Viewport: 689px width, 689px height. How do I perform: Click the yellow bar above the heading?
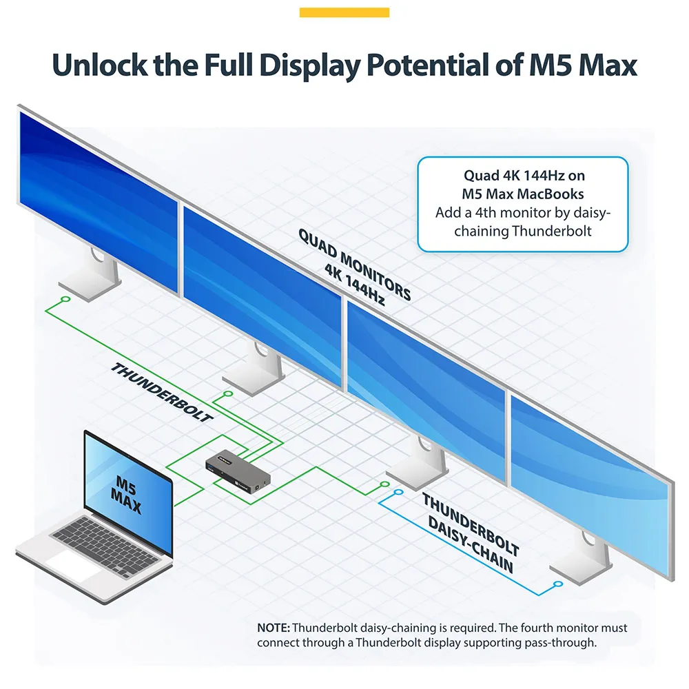pos(344,12)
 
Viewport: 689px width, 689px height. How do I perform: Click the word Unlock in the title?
pos(99,65)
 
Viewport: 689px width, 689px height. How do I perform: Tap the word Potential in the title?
pos(428,65)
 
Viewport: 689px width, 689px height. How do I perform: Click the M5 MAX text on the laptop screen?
pos(126,494)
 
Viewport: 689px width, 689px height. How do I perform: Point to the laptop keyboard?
pos(105,545)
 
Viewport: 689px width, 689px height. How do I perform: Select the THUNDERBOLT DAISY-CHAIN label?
pos(470,533)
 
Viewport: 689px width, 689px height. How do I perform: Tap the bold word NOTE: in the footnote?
pos(274,628)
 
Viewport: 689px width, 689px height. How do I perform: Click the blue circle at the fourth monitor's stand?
pos(558,584)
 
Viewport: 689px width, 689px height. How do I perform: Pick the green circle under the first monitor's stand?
pos(66,299)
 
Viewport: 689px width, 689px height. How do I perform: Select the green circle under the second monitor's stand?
pos(227,393)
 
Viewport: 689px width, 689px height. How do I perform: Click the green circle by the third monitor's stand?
pos(385,484)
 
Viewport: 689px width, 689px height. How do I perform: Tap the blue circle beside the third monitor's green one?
pos(398,492)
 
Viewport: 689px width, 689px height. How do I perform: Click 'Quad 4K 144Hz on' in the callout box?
pos(524,175)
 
